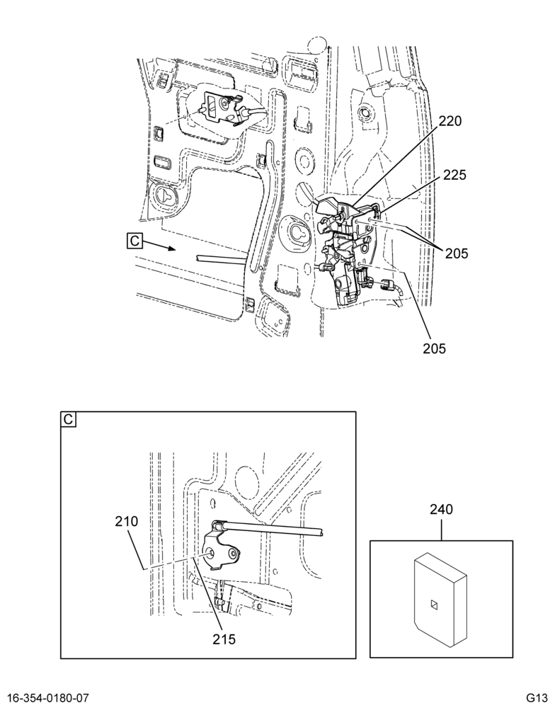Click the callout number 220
450,121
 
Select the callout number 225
454,175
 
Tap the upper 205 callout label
457,253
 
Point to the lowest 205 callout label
434,348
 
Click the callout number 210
127,522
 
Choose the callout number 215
224,639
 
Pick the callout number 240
441,509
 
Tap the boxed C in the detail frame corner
68,419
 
